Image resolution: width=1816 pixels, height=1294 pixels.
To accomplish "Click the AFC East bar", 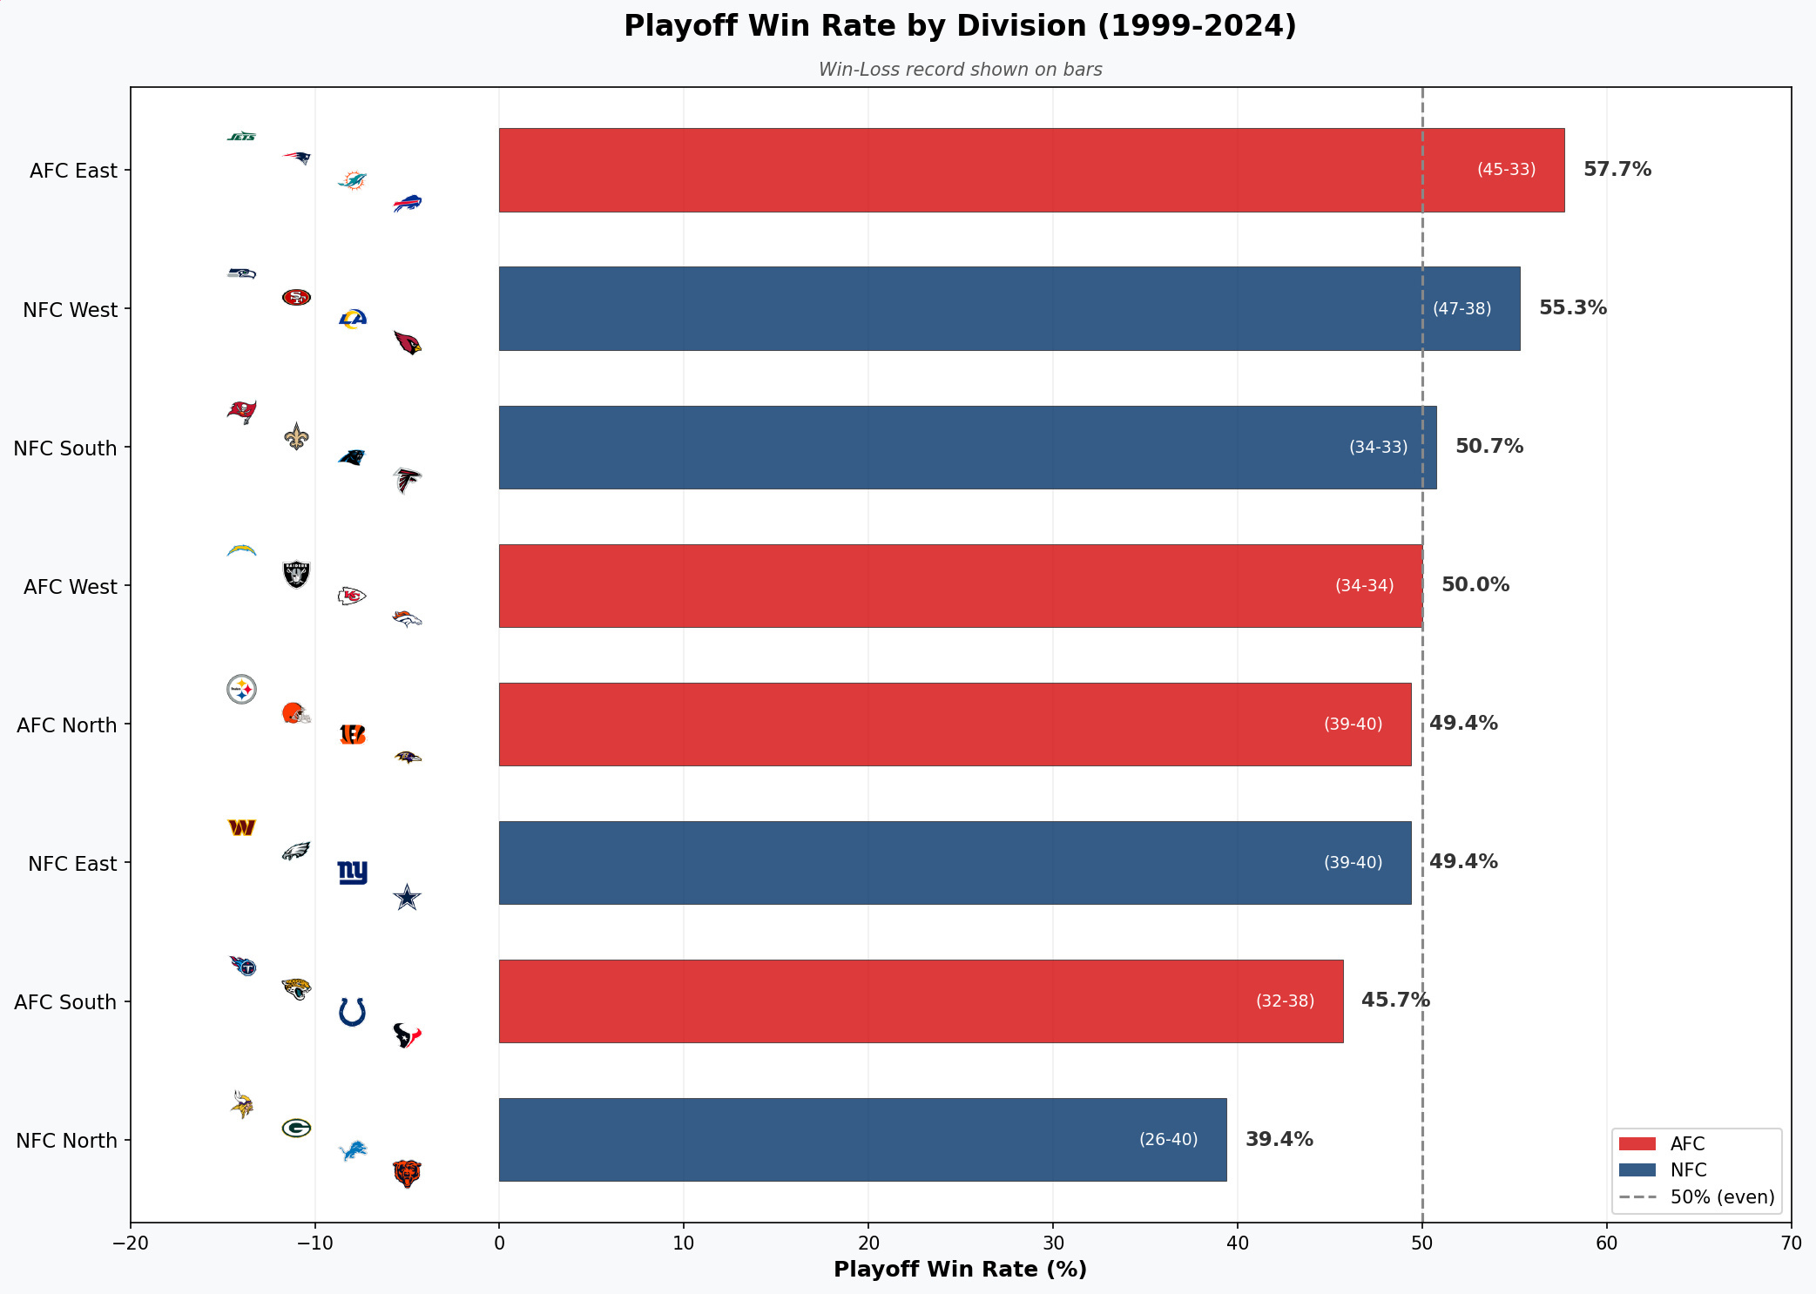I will [1031, 170].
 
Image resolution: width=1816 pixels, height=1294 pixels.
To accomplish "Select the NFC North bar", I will [862, 1140].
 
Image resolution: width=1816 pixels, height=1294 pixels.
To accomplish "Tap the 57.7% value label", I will [1617, 169].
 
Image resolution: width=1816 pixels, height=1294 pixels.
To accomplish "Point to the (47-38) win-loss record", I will [1462, 308].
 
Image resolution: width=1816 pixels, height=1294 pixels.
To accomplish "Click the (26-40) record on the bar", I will [1168, 1139].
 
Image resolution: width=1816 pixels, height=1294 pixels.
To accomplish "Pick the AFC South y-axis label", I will [65, 1002].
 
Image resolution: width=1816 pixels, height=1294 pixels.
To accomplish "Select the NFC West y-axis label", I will [70, 310].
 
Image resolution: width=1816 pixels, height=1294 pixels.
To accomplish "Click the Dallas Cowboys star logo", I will [407, 897].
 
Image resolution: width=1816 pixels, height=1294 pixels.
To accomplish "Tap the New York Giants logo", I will [353, 872].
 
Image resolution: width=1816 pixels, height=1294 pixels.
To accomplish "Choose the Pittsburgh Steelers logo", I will [241, 690].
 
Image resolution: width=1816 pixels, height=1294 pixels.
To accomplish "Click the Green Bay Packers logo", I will [296, 1128].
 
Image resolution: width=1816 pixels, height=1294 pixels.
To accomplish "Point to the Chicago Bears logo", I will [407, 1173].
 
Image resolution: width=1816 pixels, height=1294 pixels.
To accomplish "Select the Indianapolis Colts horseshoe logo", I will [352, 1012].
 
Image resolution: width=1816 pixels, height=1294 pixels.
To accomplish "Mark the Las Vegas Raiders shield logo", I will [296, 574].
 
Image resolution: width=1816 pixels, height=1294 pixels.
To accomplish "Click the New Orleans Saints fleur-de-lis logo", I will [296, 436].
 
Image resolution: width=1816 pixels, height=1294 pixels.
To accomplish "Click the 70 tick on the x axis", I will [1791, 1243].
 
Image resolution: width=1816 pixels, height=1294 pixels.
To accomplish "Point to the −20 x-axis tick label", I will [131, 1243].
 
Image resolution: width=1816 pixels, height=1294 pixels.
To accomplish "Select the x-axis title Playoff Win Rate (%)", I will [960, 1270].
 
